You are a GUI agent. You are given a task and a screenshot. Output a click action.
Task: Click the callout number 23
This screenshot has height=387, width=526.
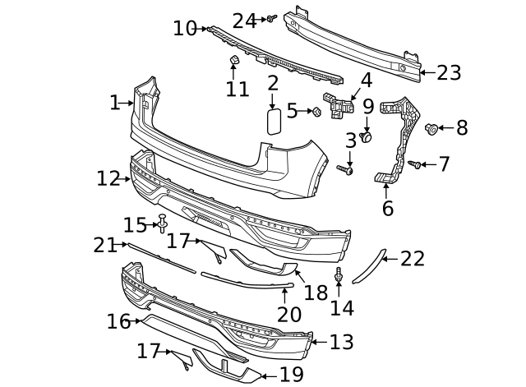click(449, 73)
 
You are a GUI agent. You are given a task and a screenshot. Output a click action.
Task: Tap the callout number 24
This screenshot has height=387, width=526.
click(244, 21)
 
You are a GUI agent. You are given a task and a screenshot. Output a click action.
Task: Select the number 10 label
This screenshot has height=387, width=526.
click(185, 29)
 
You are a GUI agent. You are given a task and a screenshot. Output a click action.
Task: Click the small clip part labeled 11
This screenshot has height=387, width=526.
click(233, 61)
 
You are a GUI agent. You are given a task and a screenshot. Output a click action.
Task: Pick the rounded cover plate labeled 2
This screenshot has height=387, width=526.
click(274, 121)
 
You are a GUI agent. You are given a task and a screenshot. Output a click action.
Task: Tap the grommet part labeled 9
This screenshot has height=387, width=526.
click(367, 136)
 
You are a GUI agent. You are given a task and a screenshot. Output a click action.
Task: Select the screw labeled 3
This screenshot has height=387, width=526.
click(347, 170)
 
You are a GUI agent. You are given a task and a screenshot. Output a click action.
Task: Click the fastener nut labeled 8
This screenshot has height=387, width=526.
click(431, 128)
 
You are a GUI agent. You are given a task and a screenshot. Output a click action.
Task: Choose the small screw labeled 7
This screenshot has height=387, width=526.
click(416, 165)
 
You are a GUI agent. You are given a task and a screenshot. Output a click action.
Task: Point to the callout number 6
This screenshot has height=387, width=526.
click(387, 208)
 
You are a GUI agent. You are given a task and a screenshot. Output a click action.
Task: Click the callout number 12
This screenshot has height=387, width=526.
click(108, 178)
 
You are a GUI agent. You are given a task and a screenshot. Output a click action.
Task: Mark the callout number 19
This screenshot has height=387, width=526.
click(291, 375)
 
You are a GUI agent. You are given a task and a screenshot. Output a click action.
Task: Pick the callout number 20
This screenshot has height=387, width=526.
click(289, 314)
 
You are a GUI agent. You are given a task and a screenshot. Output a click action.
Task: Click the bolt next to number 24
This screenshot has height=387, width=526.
click(270, 18)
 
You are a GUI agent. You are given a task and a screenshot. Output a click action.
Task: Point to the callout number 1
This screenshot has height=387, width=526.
click(114, 103)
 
